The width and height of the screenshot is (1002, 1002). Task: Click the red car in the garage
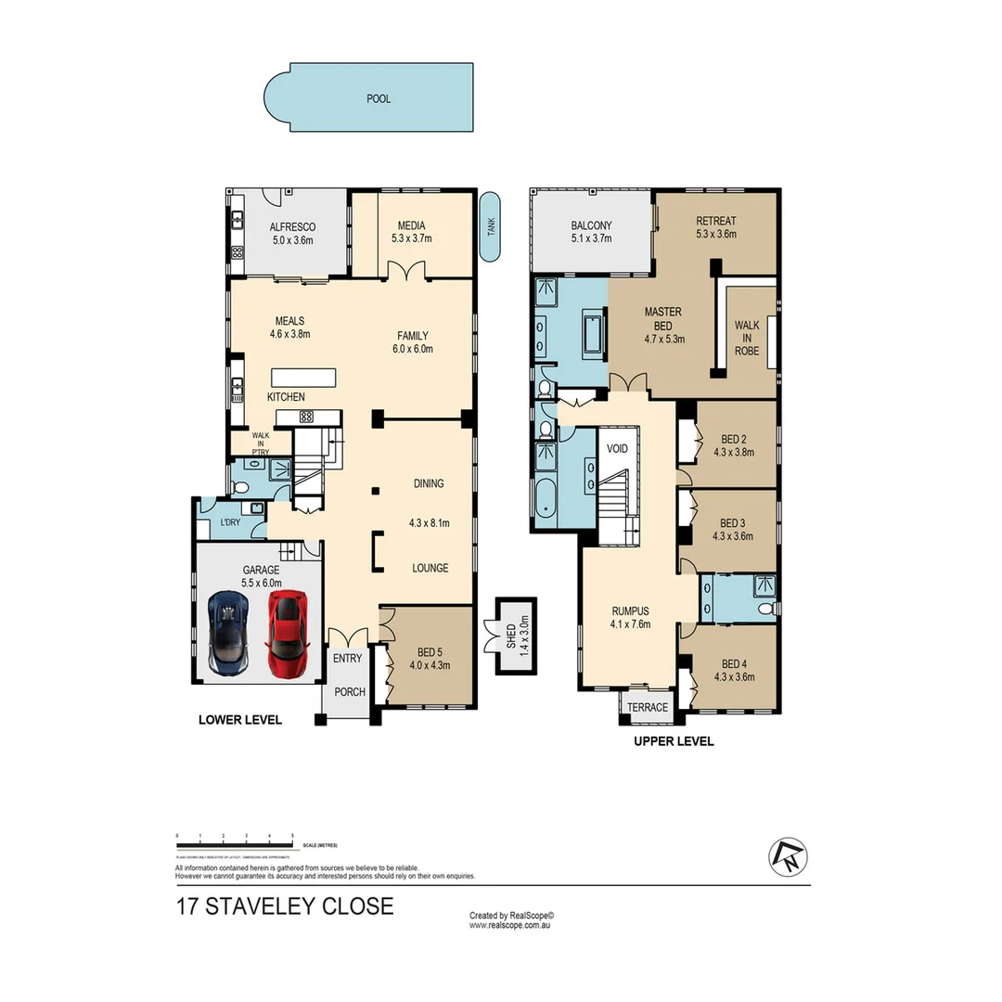(288, 634)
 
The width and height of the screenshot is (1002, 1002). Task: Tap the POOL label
(379, 98)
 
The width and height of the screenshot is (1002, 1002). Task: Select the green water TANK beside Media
(491, 228)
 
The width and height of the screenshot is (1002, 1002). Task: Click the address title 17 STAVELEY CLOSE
(285, 906)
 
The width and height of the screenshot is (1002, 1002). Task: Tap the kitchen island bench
(303, 378)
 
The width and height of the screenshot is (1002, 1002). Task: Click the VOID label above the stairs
(617, 449)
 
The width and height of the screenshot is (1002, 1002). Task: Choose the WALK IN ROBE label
(747, 339)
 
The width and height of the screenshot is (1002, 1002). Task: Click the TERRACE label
(648, 708)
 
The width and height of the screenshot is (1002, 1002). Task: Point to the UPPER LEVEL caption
(674, 741)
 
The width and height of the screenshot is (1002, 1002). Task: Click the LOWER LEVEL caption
(239, 720)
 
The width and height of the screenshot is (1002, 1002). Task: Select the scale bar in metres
(236, 840)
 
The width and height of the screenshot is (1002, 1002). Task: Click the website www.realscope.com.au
(511, 925)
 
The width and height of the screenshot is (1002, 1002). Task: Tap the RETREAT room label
(716, 221)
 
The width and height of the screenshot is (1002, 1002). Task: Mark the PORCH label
(350, 692)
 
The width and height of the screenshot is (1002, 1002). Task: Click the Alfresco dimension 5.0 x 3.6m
(292, 240)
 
